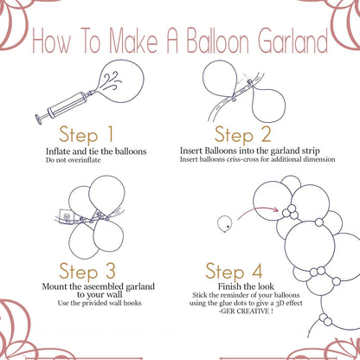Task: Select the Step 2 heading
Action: pos(245,134)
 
